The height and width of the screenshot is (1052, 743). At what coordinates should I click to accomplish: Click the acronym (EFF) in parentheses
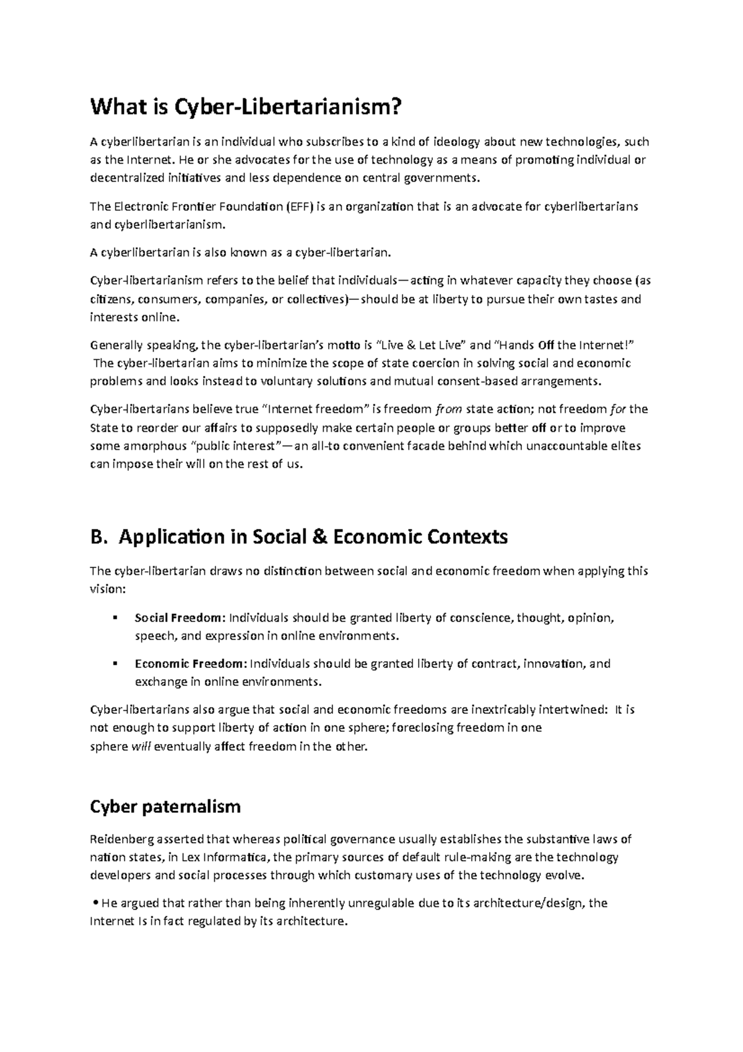pos(300,206)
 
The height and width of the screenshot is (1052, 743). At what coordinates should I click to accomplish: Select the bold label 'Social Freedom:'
pos(180,618)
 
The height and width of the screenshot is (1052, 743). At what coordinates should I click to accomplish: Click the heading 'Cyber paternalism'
pos(165,807)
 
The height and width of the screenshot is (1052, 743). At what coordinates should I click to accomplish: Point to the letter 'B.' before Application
pos(99,537)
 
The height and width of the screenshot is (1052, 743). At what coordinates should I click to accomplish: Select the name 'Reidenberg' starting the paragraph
pos(120,839)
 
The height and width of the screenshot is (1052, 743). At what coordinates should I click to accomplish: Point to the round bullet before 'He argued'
pos(95,903)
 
